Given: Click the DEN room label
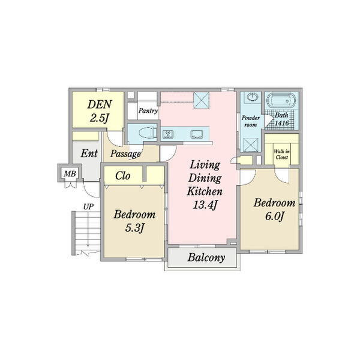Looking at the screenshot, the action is pyautogui.click(x=100, y=104).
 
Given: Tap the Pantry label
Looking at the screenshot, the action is pyautogui.click(x=148, y=111).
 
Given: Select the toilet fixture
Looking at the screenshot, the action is pyautogui.click(x=148, y=133).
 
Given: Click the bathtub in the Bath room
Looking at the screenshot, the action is pyautogui.click(x=281, y=100).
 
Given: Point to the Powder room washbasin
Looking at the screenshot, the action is pyautogui.click(x=253, y=97).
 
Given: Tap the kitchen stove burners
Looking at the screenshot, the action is pyautogui.click(x=168, y=134).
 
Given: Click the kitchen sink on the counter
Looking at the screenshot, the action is pyautogui.click(x=197, y=134).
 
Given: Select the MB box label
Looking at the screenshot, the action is pyautogui.click(x=70, y=174).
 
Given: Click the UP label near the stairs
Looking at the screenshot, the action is pyautogui.click(x=88, y=207).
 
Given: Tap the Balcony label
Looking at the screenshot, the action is pyautogui.click(x=206, y=257).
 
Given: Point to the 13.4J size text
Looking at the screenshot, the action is pyautogui.click(x=205, y=205).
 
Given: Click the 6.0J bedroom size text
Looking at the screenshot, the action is pyautogui.click(x=275, y=216).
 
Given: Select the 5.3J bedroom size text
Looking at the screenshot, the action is pyautogui.click(x=134, y=228).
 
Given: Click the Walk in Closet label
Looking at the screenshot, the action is pyautogui.click(x=282, y=154).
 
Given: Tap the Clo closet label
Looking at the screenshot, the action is pyautogui.click(x=123, y=176).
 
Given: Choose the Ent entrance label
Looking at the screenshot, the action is pyautogui.click(x=89, y=153).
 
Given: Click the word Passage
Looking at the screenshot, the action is pyautogui.click(x=125, y=154).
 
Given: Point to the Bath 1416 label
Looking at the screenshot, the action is pyautogui.click(x=282, y=119).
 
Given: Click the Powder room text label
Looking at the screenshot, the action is pyautogui.click(x=250, y=121).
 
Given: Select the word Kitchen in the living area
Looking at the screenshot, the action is pyautogui.click(x=205, y=191).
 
